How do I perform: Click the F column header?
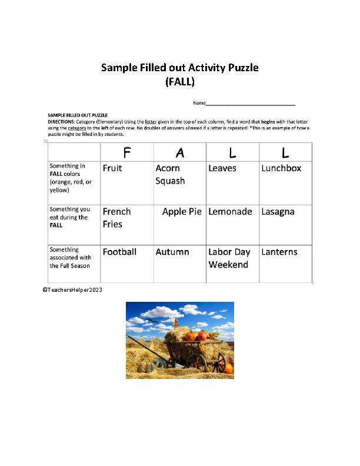tap(126, 153)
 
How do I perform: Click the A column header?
tap(180, 153)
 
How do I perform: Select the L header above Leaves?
tap(233, 153)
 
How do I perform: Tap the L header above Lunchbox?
tap(285, 153)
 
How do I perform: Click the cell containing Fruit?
tap(112, 168)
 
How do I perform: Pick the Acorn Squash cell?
tap(170, 175)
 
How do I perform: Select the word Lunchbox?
tap(281, 168)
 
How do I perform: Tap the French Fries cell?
tap(116, 218)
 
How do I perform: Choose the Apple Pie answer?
tap(182, 212)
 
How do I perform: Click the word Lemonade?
tap(230, 212)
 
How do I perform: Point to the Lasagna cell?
tap(278, 212)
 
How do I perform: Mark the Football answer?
tap(119, 252)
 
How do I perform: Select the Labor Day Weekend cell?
tap(229, 258)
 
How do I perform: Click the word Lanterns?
tap(279, 252)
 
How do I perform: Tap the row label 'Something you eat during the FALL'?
tap(69, 217)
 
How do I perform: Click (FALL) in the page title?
tap(180, 82)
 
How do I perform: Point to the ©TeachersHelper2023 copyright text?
tap(72, 290)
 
